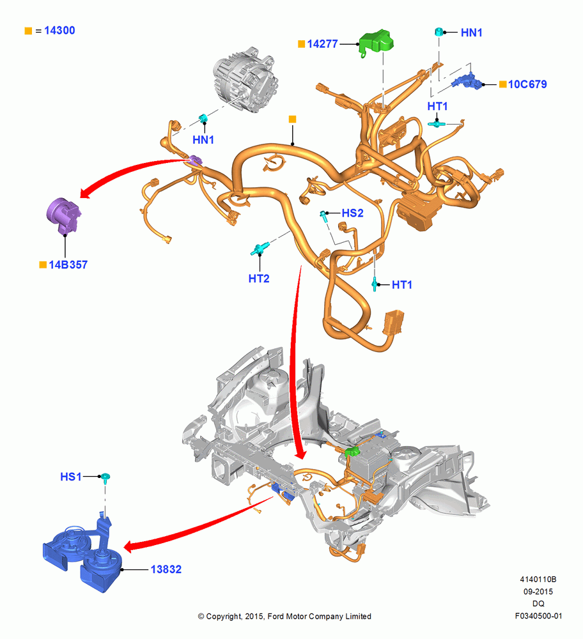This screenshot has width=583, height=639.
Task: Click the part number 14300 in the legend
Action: tap(59, 31)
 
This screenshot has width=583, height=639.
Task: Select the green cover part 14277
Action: tap(376, 43)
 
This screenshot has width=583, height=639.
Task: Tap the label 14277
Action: tap(322, 44)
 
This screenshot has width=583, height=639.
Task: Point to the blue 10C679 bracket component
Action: tap(467, 81)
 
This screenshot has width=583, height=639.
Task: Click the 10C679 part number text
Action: tap(527, 84)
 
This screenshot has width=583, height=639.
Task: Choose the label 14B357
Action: tap(68, 265)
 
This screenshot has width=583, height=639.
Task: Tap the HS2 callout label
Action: tap(352, 213)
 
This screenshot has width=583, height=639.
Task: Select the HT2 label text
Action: tap(259, 279)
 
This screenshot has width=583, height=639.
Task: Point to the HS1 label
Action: tap(71, 477)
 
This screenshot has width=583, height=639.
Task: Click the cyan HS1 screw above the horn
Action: tap(105, 477)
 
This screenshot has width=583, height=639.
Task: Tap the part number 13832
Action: tap(166, 569)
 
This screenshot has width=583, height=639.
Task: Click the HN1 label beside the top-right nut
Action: tap(471, 33)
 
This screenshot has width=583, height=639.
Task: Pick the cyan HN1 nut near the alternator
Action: tap(203, 119)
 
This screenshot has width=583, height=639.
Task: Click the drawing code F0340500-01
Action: tap(538, 616)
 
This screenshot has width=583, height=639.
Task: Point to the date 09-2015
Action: tap(538, 592)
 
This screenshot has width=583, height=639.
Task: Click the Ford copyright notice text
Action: tap(284, 617)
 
